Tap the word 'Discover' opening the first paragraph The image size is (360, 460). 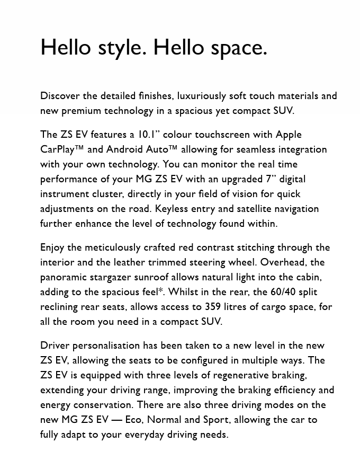coord(60,96)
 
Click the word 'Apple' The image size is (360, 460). coord(289,135)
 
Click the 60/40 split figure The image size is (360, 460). coord(283,292)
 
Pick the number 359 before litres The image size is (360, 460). coord(213,307)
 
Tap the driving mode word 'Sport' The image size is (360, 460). coord(216,420)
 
